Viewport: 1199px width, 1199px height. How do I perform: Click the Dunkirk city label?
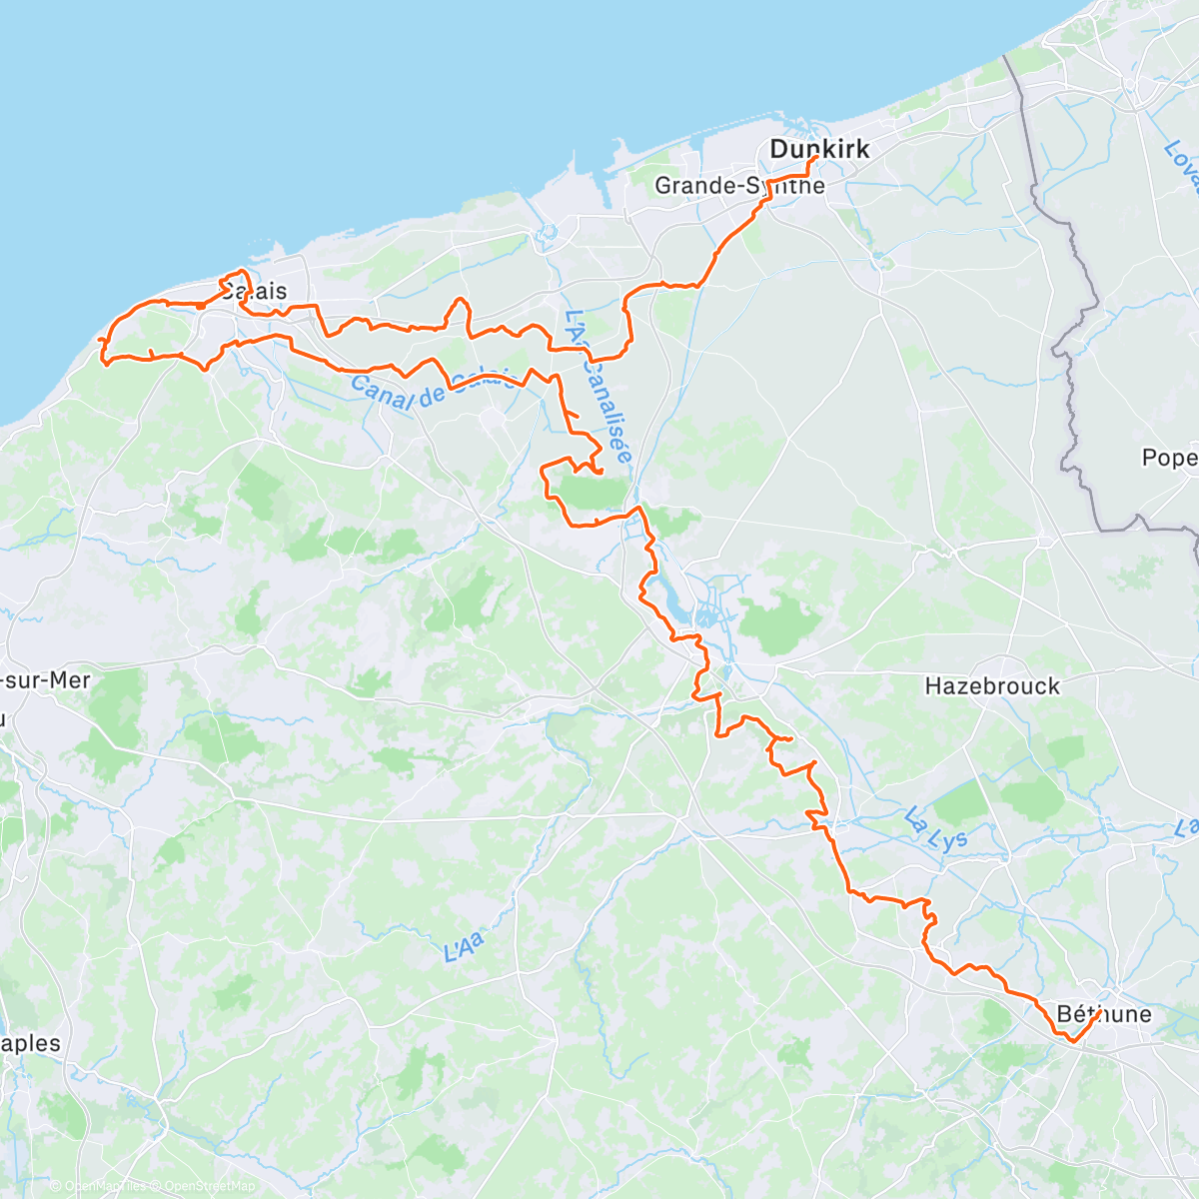(819, 149)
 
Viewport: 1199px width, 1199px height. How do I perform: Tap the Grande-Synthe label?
(739, 185)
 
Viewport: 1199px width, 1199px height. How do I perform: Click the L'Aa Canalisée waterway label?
(599, 386)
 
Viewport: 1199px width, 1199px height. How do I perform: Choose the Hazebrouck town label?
(991, 685)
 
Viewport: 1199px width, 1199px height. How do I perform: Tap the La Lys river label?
(936, 829)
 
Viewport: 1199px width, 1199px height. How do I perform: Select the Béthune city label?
(1103, 1014)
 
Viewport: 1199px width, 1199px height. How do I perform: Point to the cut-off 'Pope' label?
(1169, 457)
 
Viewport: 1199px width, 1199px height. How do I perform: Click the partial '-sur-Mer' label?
(45, 680)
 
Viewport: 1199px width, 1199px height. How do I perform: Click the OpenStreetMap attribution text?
(210, 1186)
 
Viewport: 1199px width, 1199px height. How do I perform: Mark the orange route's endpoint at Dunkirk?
(817, 158)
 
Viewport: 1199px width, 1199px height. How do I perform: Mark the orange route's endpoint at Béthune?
(1099, 1011)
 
